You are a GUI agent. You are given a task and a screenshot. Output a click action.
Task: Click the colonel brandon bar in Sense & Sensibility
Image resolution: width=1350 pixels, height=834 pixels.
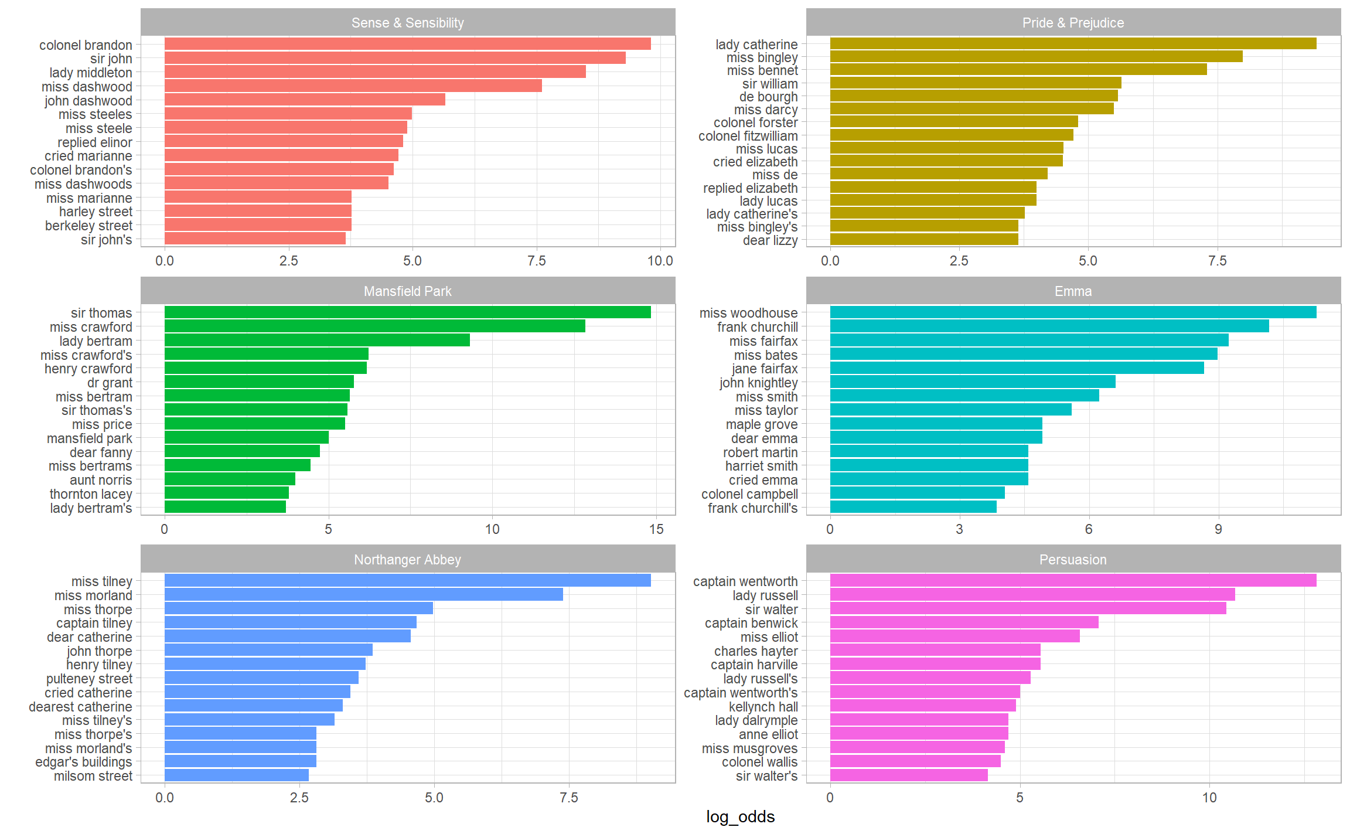point(407,44)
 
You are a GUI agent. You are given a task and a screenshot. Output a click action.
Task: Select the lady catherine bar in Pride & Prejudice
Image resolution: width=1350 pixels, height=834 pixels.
point(1072,43)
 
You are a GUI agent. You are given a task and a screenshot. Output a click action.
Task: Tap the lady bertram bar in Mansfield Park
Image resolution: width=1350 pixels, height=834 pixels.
point(317,341)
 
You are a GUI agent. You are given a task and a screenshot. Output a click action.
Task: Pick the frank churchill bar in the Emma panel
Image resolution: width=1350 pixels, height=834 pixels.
point(1049,326)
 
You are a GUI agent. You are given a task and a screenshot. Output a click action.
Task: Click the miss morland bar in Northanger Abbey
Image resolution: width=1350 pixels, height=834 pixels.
point(363,595)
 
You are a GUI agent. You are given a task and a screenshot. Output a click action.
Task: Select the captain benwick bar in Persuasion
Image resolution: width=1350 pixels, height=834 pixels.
point(964,622)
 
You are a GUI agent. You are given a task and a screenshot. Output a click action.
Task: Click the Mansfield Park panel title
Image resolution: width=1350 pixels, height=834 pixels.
point(407,291)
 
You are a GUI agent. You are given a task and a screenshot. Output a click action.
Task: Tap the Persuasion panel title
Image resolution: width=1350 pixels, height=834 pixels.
point(1072,560)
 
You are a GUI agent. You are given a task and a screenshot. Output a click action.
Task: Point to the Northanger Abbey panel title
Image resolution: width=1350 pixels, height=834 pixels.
point(407,560)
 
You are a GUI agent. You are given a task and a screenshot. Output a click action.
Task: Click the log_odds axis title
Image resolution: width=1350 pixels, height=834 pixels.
point(740,816)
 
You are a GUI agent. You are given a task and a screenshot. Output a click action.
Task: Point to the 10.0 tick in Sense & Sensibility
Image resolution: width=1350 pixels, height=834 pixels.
point(660,261)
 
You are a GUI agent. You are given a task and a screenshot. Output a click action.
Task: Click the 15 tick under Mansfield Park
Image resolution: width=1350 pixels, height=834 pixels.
point(656,529)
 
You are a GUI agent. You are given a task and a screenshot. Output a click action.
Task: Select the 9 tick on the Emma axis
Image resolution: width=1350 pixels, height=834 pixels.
point(1218,529)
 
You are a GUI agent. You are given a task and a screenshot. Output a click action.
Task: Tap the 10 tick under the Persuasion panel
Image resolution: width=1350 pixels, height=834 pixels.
point(1209,798)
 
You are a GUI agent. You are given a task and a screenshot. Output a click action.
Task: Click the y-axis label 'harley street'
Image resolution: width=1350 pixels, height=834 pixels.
point(96,212)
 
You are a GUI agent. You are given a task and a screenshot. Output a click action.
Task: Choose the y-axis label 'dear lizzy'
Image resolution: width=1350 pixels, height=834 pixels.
point(770,240)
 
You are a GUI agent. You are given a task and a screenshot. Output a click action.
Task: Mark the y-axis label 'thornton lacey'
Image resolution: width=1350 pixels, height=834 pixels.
point(91,494)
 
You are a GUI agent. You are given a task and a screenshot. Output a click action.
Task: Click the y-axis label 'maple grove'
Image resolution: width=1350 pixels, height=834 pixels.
point(761,424)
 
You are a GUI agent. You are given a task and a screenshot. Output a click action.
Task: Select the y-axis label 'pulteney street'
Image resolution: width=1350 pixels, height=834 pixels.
point(89,679)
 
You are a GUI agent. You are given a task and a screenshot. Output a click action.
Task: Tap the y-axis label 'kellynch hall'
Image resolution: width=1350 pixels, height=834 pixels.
point(763,707)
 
